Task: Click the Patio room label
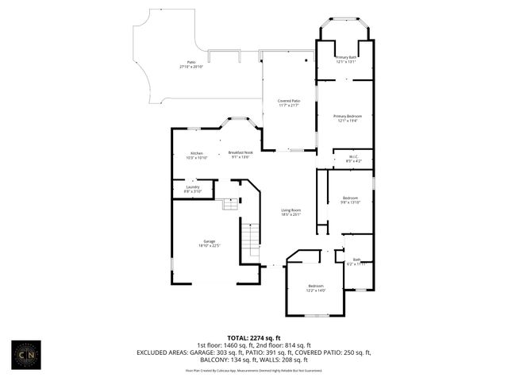click(191, 62)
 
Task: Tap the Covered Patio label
click(289, 101)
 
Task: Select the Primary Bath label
click(345, 57)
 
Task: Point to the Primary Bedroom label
click(346, 116)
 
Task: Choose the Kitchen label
click(196, 152)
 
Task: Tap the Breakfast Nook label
click(241, 152)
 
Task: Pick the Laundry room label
click(192, 187)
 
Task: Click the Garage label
click(209, 241)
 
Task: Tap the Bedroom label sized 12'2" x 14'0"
click(316, 286)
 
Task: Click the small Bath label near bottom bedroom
click(356, 260)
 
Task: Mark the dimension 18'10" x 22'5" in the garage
click(209, 246)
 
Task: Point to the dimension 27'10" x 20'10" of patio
click(191, 67)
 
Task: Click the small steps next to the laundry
click(229, 204)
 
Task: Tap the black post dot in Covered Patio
click(310, 58)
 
